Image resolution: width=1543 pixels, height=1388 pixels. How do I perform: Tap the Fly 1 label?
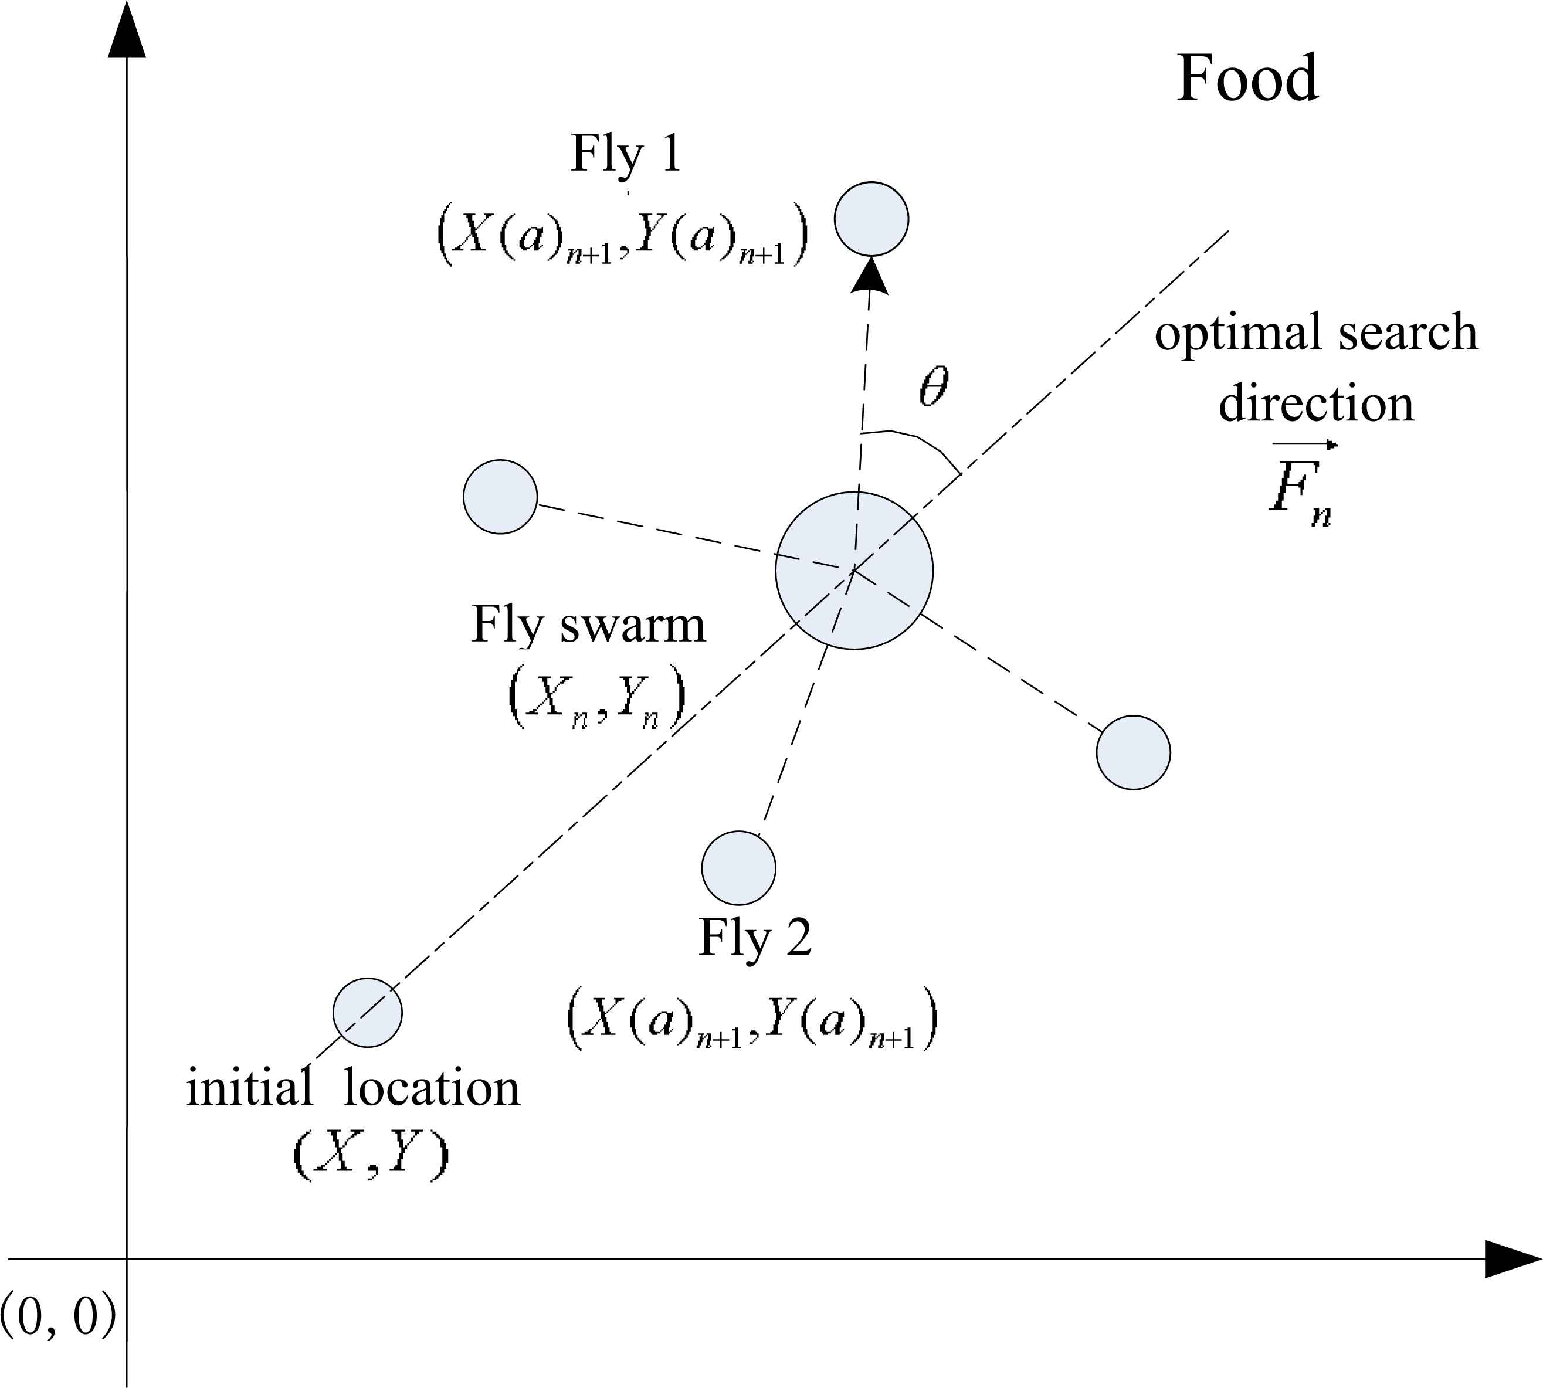[x=625, y=155]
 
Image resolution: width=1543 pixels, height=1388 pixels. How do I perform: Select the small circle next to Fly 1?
[x=871, y=219]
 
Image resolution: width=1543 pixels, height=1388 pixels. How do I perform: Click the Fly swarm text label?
[x=588, y=625]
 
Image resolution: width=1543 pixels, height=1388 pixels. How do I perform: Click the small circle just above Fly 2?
[x=738, y=868]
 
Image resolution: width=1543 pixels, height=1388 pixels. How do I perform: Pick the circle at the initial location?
[x=368, y=1012]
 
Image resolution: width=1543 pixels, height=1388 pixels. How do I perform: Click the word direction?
[x=1315, y=403]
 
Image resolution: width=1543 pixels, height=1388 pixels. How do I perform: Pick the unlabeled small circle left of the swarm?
[x=500, y=497]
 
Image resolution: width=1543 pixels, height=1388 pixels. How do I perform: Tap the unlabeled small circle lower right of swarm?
[x=1134, y=752]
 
